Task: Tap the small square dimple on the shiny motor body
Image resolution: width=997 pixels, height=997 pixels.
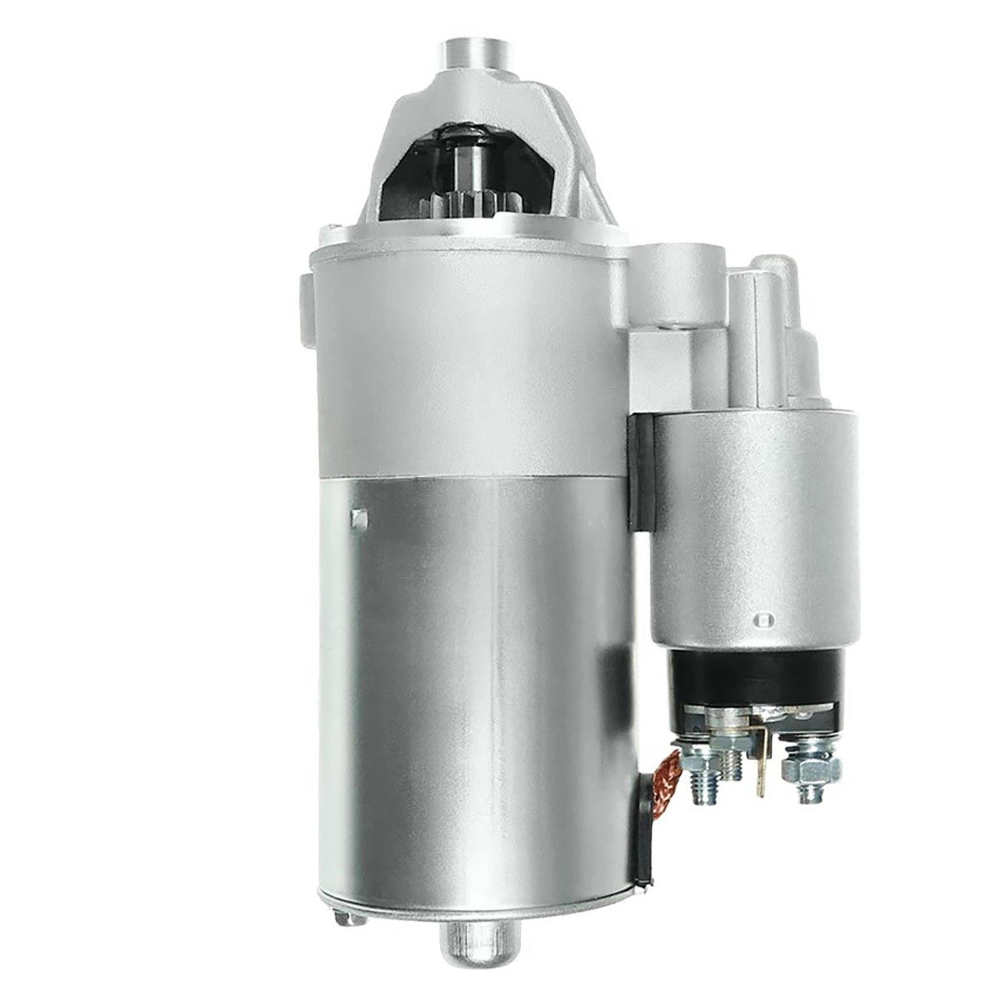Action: (x=359, y=517)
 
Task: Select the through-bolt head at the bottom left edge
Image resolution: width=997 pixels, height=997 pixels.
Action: (x=342, y=893)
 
